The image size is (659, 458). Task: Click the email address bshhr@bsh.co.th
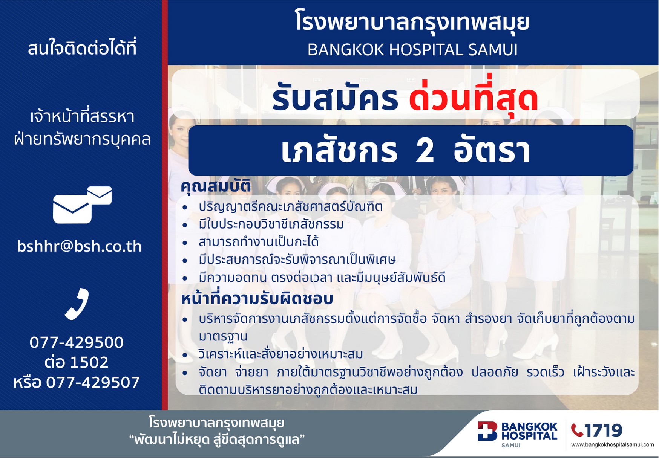(x=80, y=246)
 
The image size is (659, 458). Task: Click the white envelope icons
(x=82, y=205)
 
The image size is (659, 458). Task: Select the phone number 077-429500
(x=77, y=342)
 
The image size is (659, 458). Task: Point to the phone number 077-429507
(x=93, y=382)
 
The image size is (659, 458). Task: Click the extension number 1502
(x=89, y=362)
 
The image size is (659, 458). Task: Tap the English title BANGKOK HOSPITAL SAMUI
(x=412, y=50)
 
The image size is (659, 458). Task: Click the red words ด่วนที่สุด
(x=474, y=99)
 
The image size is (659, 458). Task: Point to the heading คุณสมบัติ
(x=216, y=186)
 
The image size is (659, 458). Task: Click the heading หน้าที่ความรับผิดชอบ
(x=257, y=299)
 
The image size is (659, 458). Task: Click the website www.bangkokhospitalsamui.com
(x=613, y=445)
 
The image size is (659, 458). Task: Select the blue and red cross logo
(x=487, y=431)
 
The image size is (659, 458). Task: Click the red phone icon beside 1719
(x=577, y=430)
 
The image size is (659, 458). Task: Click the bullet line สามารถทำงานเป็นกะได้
(x=259, y=241)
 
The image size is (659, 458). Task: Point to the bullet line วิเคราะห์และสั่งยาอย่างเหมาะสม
(x=281, y=354)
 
